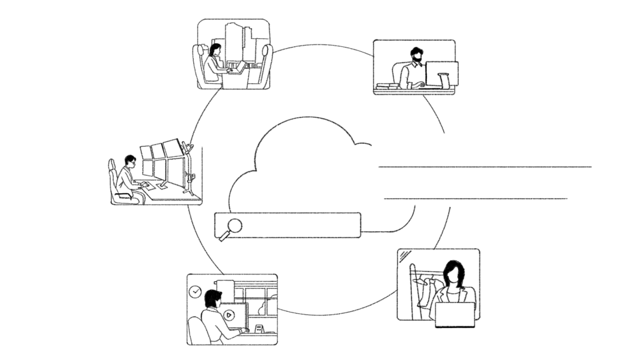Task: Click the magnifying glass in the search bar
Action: pyautogui.click(x=232, y=227)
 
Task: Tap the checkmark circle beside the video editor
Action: pyautogui.click(x=196, y=291)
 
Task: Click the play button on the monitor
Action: pyautogui.click(x=229, y=314)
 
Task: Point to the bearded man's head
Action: pyautogui.click(x=416, y=55)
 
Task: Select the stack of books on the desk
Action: pyautogui.click(x=387, y=86)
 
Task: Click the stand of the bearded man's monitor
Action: pyautogui.click(x=444, y=81)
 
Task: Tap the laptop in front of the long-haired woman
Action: pyautogui.click(x=454, y=314)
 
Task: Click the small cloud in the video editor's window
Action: pyautogui.click(x=270, y=306)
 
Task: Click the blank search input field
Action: pyautogui.click(x=300, y=225)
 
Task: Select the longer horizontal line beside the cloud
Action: pyautogui.click(x=485, y=167)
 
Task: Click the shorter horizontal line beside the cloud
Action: pyautogui.click(x=476, y=199)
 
